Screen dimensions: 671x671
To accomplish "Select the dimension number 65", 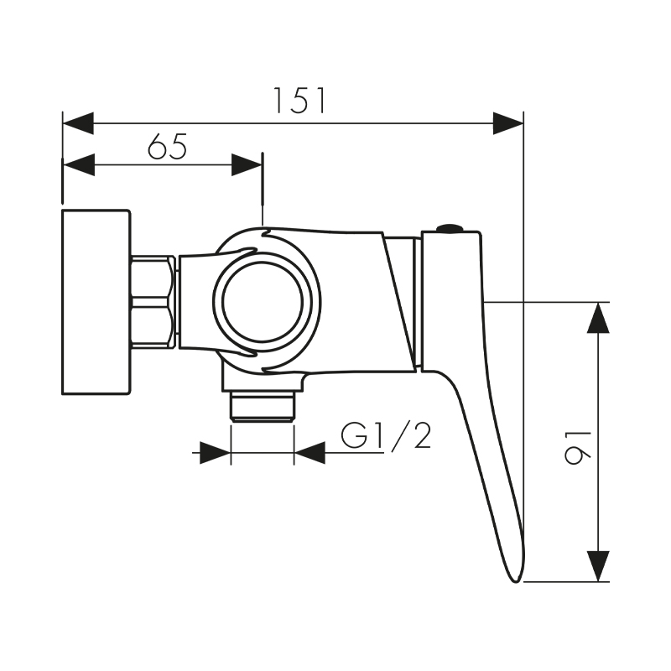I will (167, 147).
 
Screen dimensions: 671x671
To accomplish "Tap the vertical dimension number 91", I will (578, 442).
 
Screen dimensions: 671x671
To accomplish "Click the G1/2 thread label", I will (387, 436).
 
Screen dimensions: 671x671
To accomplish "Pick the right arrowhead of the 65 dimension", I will (247, 165).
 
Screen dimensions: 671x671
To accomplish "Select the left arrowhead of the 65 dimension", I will (78, 165).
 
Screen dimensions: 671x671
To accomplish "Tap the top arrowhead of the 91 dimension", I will (597, 318).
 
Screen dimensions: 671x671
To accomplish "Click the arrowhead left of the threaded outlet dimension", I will (215, 454).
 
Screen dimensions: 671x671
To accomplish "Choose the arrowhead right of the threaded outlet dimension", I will (309, 454).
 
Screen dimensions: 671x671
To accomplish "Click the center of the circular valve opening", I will (266, 299).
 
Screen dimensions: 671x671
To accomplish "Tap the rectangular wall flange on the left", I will (96, 302).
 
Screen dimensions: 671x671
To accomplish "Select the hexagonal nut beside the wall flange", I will (153, 302).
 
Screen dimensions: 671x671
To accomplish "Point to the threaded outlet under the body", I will (262, 408).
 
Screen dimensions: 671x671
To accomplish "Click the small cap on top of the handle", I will (450, 227).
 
